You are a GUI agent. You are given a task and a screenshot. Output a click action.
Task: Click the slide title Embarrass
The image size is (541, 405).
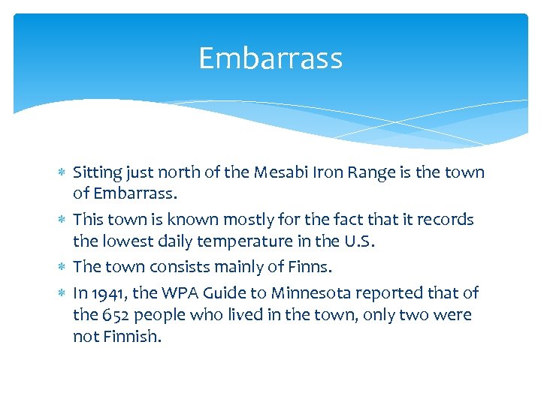click(x=270, y=58)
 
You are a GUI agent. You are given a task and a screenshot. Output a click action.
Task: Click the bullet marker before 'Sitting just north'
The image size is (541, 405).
click(x=62, y=173)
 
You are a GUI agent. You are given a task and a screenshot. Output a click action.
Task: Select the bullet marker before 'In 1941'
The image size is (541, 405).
click(x=62, y=293)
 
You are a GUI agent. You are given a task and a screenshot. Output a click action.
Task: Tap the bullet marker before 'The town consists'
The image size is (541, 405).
click(x=62, y=268)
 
